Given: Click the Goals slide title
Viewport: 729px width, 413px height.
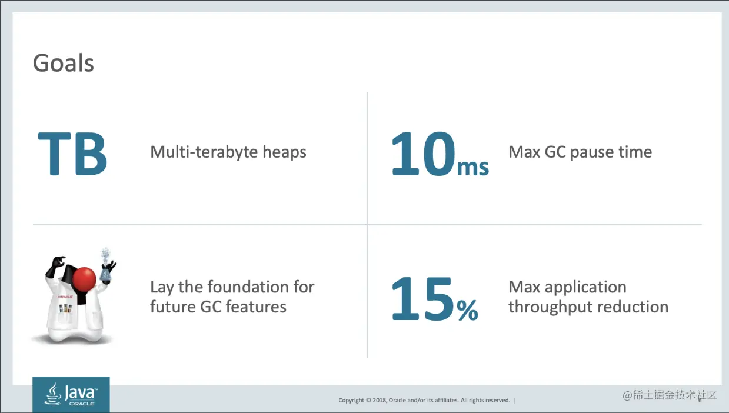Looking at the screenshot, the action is (64, 63).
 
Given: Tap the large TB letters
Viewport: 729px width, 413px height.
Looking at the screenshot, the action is (72, 154).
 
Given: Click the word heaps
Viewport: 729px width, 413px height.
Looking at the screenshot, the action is (284, 152).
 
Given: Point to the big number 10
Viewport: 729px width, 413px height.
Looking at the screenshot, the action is (423, 154).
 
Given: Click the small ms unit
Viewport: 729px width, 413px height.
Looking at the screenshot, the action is (473, 168).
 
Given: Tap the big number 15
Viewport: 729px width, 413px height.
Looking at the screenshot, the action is (422, 298).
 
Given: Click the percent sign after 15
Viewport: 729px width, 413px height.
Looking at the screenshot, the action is (467, 311).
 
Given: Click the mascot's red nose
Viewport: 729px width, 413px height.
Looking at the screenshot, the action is (84, 279).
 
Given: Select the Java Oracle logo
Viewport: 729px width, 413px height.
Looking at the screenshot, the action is (71, 394).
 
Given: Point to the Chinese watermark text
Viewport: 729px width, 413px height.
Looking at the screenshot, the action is (670, 395).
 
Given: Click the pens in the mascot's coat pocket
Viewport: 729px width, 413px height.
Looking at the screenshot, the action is (65, 308).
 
